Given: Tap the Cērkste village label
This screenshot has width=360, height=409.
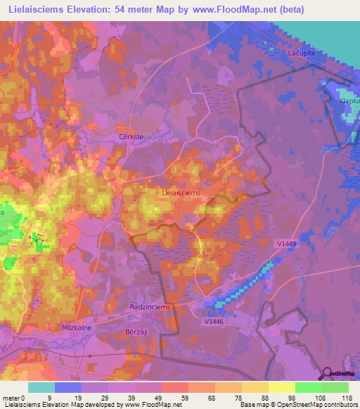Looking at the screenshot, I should pyautogui.click(x=130, y=138).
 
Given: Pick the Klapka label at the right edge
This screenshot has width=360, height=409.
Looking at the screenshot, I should pyautogui.click(x=349, y=101).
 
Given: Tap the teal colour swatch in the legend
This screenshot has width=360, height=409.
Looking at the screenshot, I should pyautogui.click(x=41, y=387).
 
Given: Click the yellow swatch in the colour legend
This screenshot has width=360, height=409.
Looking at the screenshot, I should pyautogui.click(x=282, y=387).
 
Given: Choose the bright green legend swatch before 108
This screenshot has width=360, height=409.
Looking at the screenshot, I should pyautogui.click(x=309, y=387).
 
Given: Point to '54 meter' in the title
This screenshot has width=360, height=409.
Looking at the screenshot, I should pyautogui.click(x=146, y=9).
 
